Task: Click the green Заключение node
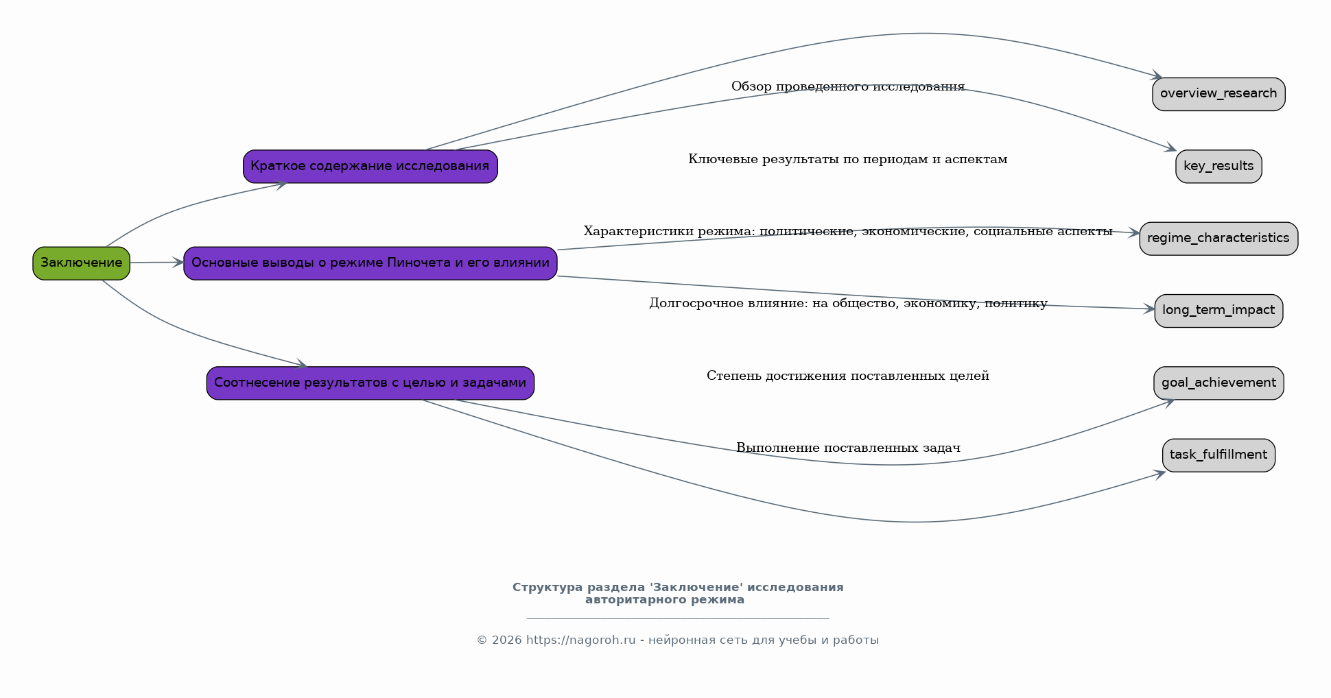81,263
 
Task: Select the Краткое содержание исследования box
370,167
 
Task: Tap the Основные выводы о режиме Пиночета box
370,263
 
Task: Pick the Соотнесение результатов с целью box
370,383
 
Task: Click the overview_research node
1218,94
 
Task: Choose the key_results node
1218,167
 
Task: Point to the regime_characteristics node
1218,239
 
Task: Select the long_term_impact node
1218,311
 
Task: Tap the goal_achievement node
1218,383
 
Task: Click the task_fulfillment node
1218,455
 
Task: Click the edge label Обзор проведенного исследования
848,86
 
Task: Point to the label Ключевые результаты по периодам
848,159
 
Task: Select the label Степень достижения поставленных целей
848,376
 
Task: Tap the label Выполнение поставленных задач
848,448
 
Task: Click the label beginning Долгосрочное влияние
848,303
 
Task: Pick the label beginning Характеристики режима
848,231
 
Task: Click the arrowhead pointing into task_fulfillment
1160,474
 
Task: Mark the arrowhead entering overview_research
1157,75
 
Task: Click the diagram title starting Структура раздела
678,594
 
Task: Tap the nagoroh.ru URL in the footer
580,640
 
